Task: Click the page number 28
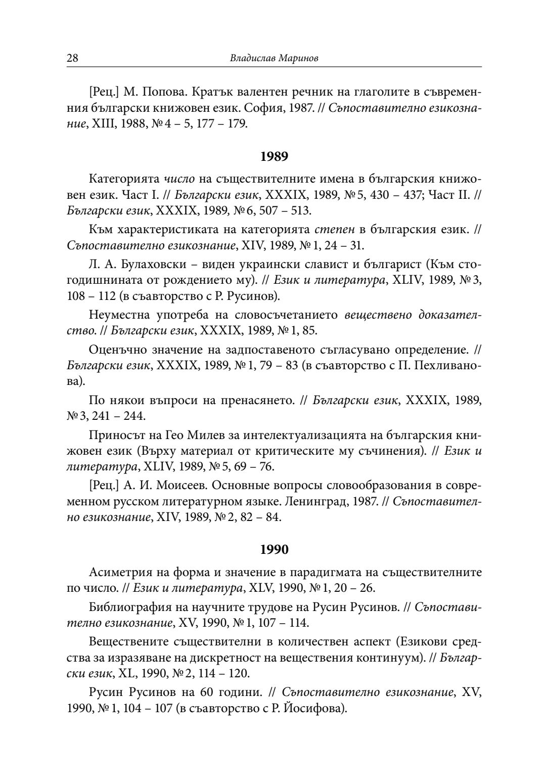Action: (72, 58)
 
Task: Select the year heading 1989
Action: (274, 157)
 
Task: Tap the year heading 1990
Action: (274, 549)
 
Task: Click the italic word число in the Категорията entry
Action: (179, 179)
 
